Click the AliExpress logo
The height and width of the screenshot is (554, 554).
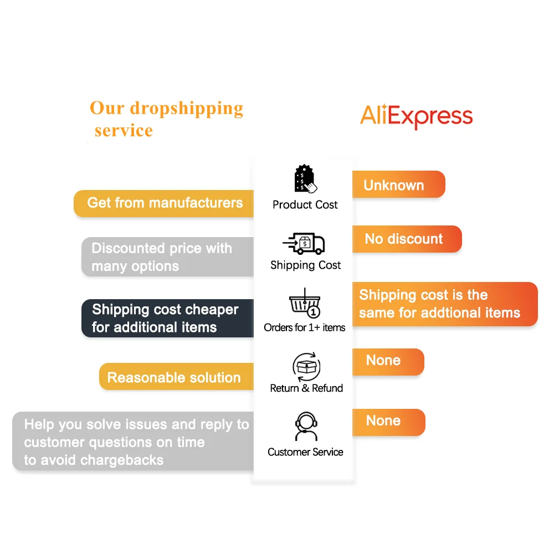click(416, 117)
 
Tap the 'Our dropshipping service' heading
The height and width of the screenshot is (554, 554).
click(166, 118)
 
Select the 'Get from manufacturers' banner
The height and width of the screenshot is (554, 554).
click(165, 203)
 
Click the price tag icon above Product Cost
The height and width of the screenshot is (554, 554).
click(304, 178)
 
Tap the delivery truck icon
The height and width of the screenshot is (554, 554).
click(304, 243)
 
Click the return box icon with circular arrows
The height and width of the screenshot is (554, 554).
click(306, 366)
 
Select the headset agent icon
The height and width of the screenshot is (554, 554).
click(306, 427)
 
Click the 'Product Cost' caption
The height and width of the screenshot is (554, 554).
click(305, 204)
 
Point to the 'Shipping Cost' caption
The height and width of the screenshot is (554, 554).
click(305, 265)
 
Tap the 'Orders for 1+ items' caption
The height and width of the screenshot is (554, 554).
click(304, 327)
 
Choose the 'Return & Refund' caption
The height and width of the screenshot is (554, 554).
click(306, 388)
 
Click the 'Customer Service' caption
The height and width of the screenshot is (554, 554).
click(305, 452)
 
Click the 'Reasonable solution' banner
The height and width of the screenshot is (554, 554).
click(174, 377)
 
